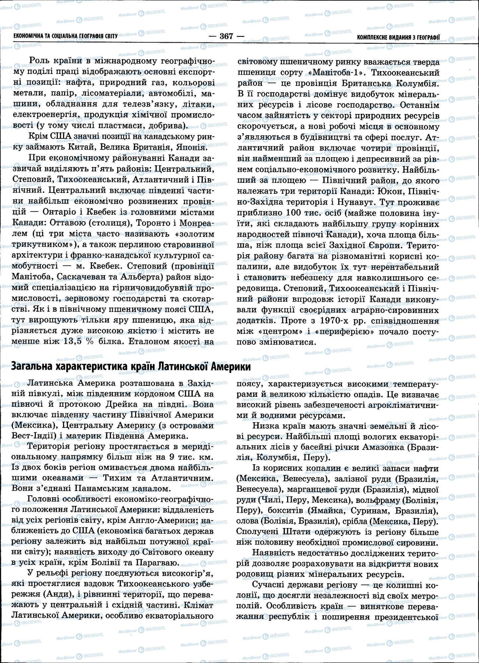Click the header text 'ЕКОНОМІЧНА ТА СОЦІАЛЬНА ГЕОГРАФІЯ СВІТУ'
(x=65, y=36)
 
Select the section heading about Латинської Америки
(x=131, y=367)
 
